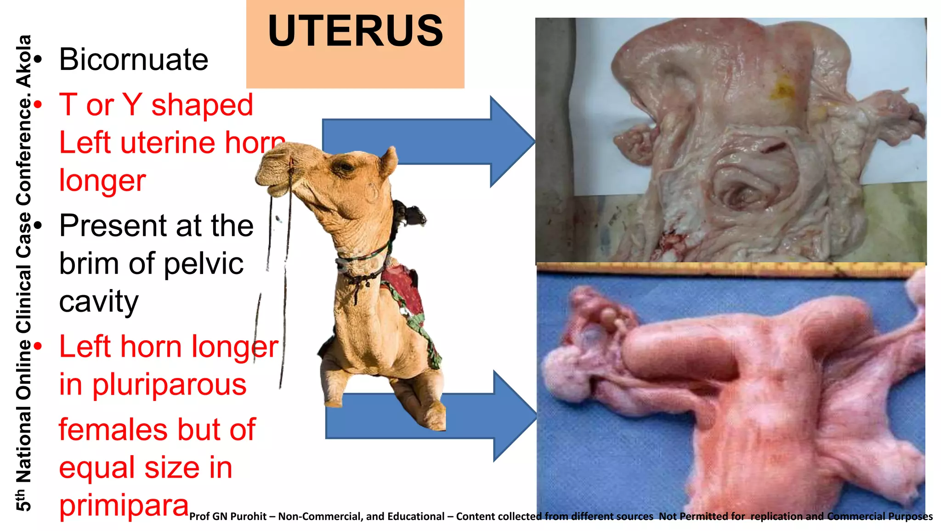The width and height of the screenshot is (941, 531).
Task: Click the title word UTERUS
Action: coord(355,31)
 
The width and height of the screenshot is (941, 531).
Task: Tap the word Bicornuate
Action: coord(134,60)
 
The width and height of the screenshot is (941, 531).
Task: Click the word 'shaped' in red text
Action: coord(202,105)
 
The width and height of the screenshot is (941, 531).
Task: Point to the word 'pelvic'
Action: coord(203,264)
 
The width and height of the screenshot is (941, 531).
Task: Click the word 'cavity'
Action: coord(98,302)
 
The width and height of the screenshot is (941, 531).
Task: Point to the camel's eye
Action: coord(343,167)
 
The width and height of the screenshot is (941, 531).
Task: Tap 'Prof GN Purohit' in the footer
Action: coord(227,517)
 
